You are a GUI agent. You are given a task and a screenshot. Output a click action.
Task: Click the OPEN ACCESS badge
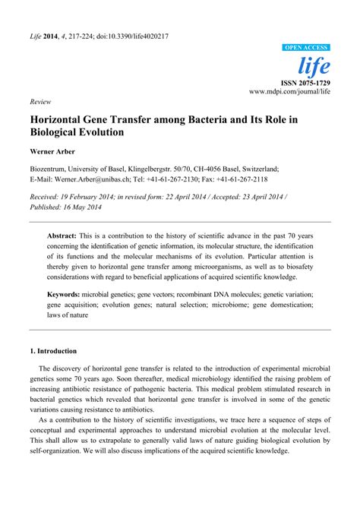tap(306, 47)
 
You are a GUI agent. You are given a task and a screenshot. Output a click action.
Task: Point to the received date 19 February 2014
tap(98, 196)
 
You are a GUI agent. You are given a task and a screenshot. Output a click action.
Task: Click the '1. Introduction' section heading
tap(53, 352)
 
